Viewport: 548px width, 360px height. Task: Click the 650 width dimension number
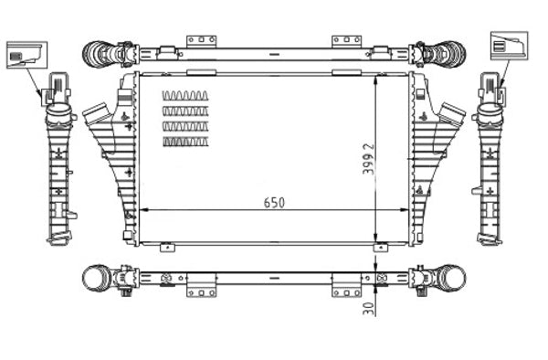pyautogui.click(x=273, y=202)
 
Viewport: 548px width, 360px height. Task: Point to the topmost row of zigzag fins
pyautogui.click(x=185, y=96)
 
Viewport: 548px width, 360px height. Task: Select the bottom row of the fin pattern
pyautogui.click(x=185, y=142)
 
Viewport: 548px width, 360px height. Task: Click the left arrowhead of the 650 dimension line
pyautogui.click(x=143, y=211)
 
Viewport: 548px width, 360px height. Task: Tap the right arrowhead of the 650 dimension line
pyautogui.click(x=406, y=211)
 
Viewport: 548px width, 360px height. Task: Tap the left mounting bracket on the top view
pyautogui.click(x=201, y=41)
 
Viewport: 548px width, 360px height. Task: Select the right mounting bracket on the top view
pyautogui.click(x=346, y=41)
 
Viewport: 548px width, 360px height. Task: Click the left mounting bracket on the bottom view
pyautogui.click(x=201, y=290)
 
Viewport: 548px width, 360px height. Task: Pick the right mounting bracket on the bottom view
pyautogui.click(x=346, y=290)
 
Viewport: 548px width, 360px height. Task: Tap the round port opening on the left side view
pyautogui.click(x=58, y=115)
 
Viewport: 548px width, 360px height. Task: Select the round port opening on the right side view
pyautogui.click(x=490, y=115)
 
